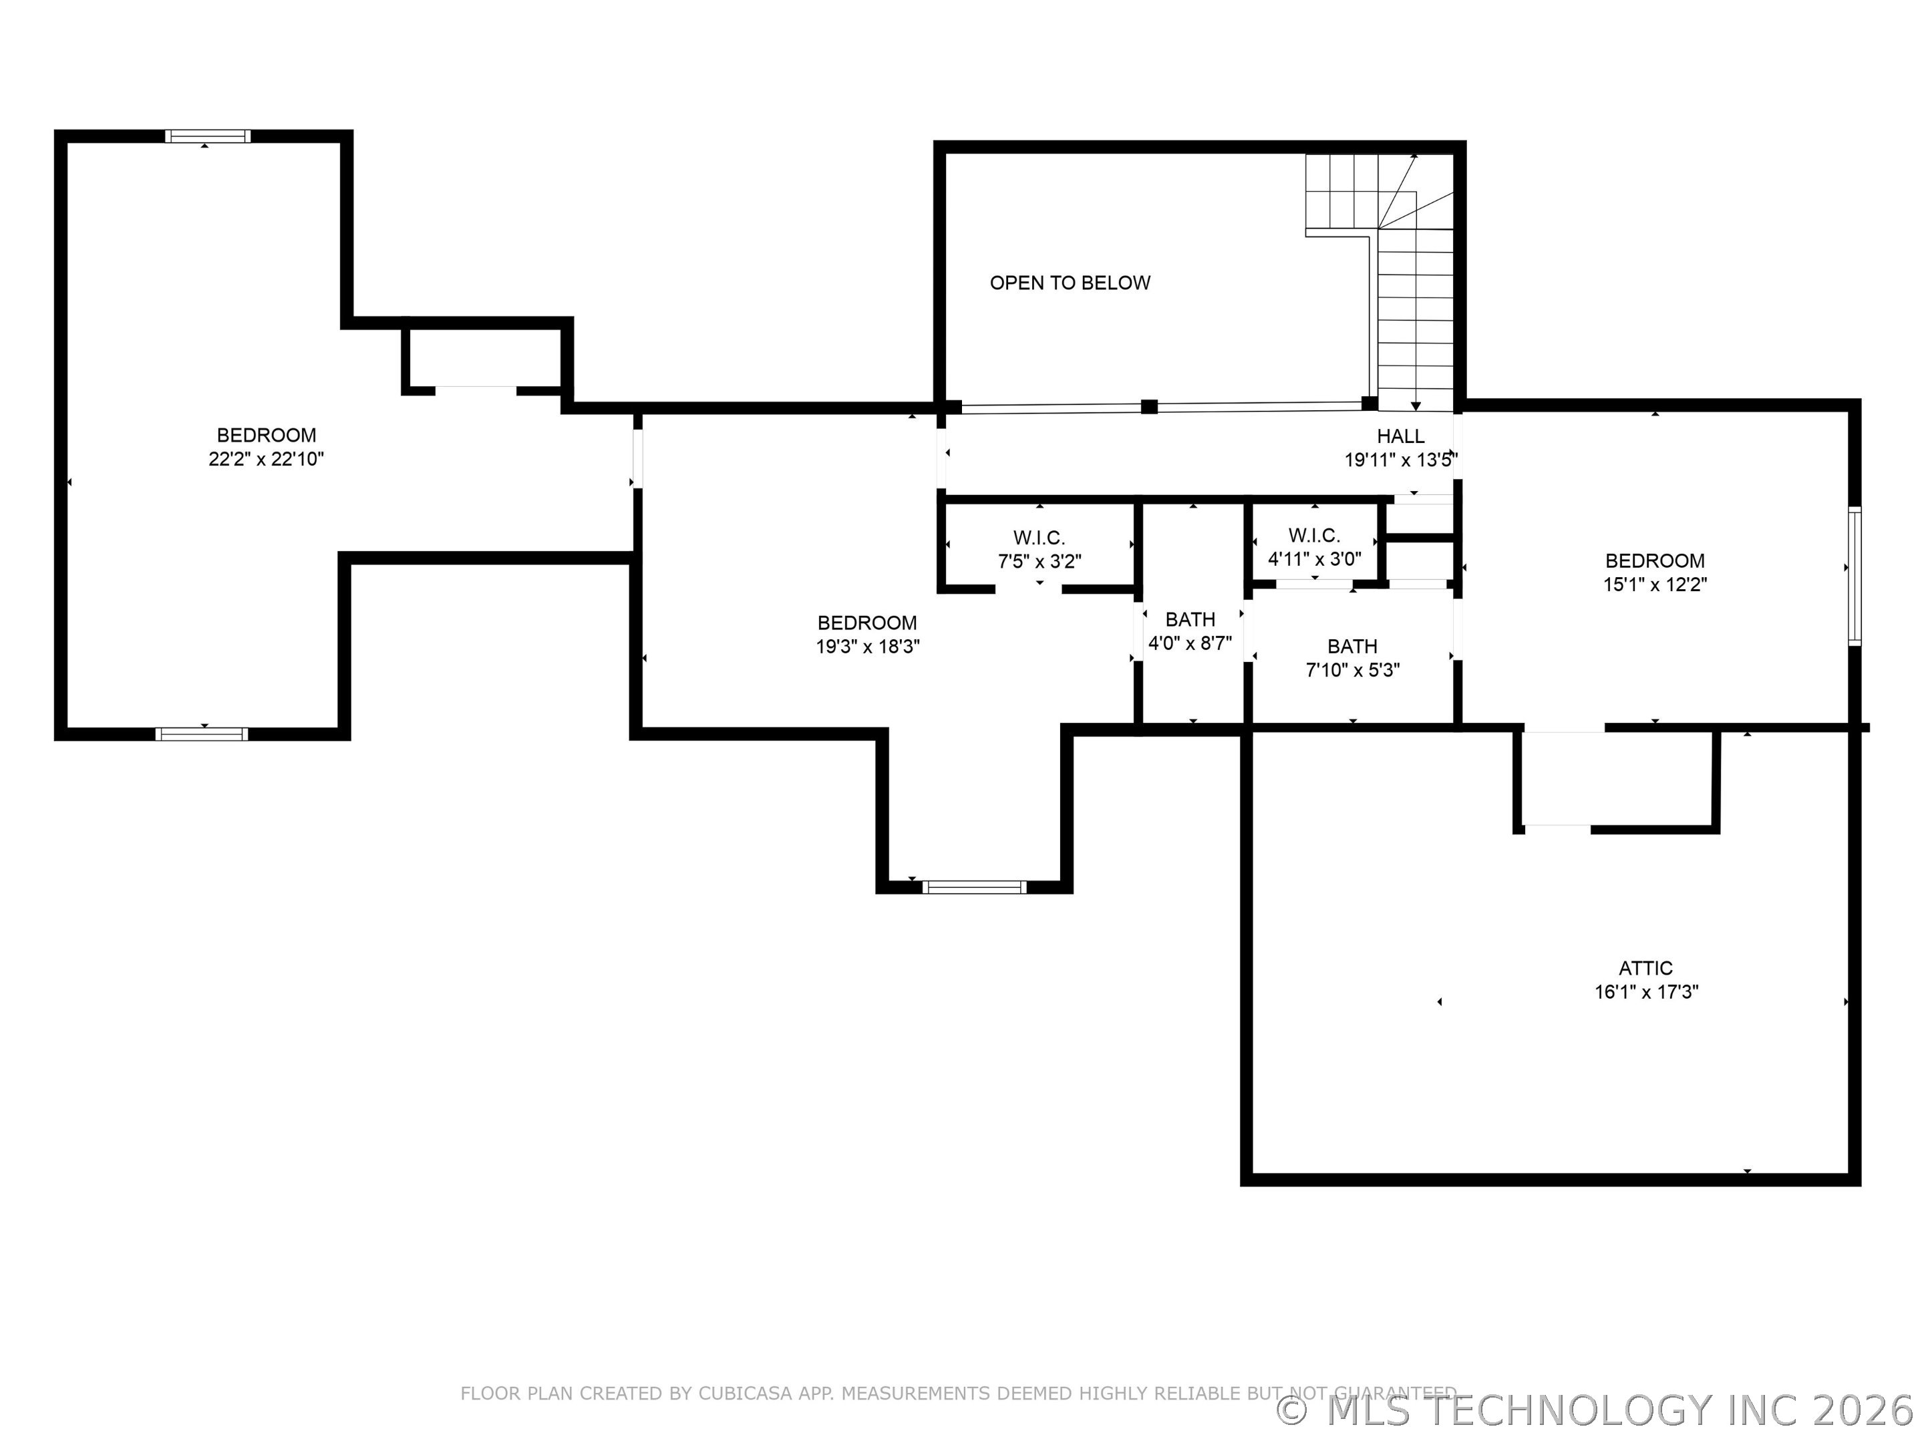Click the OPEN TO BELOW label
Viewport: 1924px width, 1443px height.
coord(1070,283)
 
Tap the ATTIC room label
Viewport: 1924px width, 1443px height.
coord(1645,968)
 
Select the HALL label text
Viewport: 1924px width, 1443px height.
coord(1400,436)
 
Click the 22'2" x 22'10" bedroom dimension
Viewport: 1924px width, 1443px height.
coord(266,459)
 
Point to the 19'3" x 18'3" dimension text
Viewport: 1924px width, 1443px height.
coord(867,646)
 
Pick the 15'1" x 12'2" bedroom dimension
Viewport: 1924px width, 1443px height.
coord(1654,585)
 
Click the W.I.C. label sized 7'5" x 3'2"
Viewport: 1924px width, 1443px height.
coord(1039,538)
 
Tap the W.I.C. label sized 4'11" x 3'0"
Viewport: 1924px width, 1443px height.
coord(1314,536)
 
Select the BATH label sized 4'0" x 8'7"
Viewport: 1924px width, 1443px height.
coord(1190,619)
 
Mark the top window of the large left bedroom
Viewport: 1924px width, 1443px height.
coord(208,136)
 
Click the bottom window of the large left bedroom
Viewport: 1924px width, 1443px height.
coord(202,734)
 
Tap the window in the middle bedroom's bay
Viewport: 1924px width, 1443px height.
coord(974,887)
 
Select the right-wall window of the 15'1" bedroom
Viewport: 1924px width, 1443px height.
coord(1855,576)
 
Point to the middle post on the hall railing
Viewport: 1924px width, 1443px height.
coord(1149,406)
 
